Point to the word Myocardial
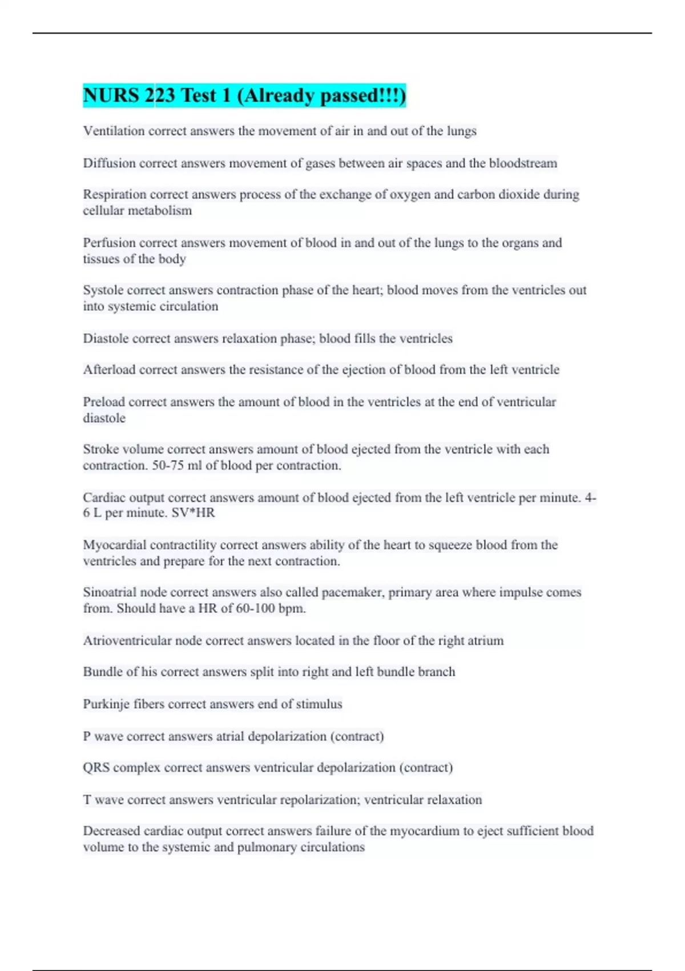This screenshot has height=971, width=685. (114, 545)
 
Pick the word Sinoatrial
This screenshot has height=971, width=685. (110, 592)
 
